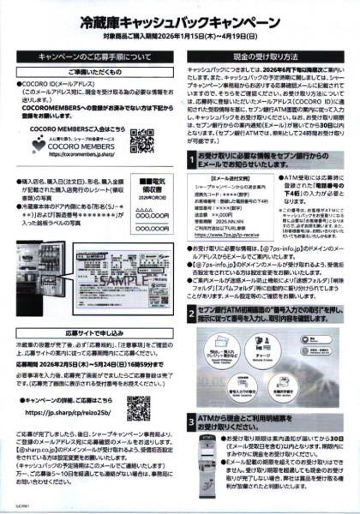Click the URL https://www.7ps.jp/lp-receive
(x=236, y=232)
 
